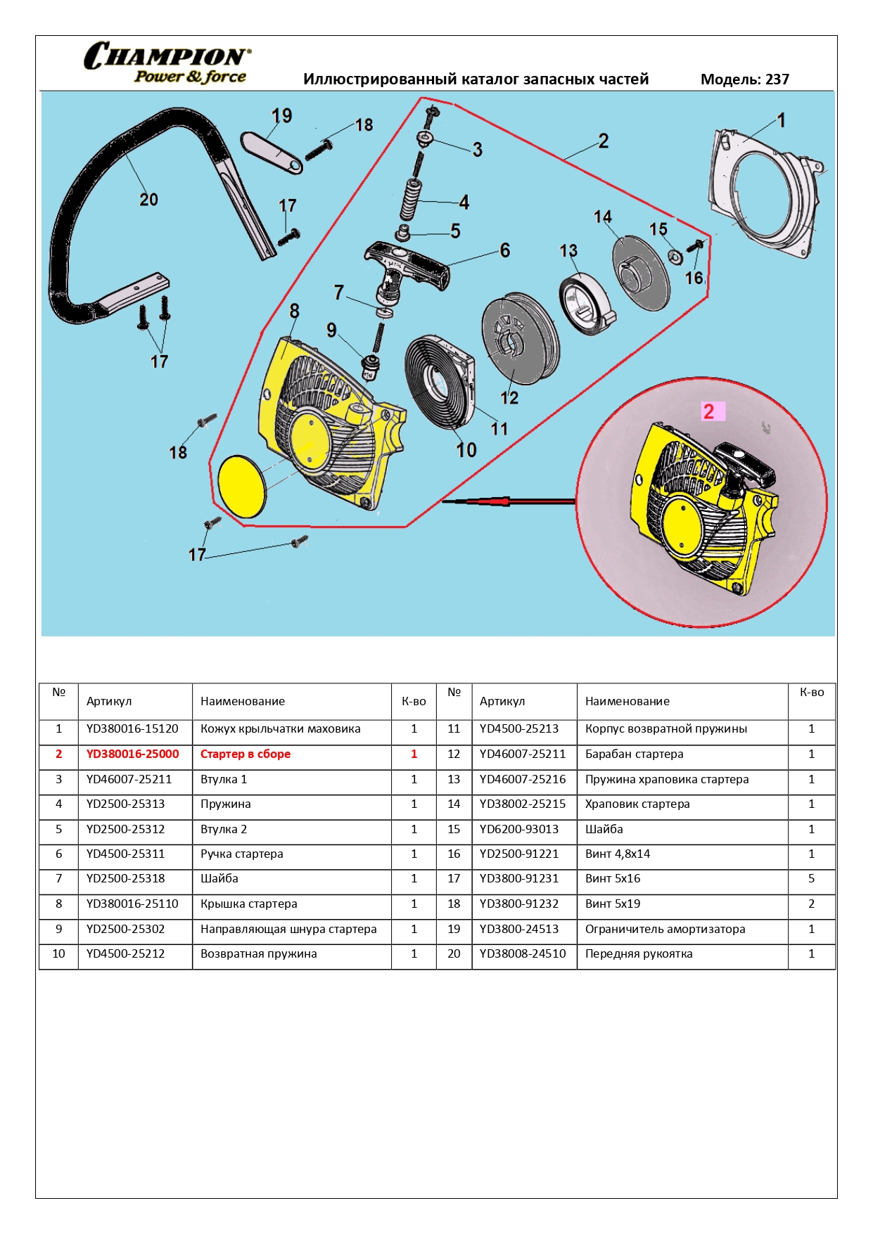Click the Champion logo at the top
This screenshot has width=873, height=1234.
pos(167,63)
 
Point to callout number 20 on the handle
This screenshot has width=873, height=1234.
pos(148,200)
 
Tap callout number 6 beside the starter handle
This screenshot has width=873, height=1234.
pos(504,250)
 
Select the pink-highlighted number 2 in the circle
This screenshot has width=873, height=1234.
pos(709,411)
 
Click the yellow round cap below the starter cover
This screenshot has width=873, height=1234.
pos(243,486)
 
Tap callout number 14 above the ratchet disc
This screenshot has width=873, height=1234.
pos(603,217)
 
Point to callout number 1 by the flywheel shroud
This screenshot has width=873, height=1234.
pos(781,120)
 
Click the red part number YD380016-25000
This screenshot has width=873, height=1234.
pos(132,754)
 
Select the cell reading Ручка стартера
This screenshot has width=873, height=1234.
pos(242,854)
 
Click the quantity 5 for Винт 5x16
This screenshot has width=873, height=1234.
pos(811,878)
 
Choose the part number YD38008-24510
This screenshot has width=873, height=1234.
pos(523,953)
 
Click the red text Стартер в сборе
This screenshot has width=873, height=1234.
pos(246,754)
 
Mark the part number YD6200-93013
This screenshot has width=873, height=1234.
pos(519,829)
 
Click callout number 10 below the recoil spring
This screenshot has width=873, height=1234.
pos(466,450)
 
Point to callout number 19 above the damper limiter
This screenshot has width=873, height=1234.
pos(281,116)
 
